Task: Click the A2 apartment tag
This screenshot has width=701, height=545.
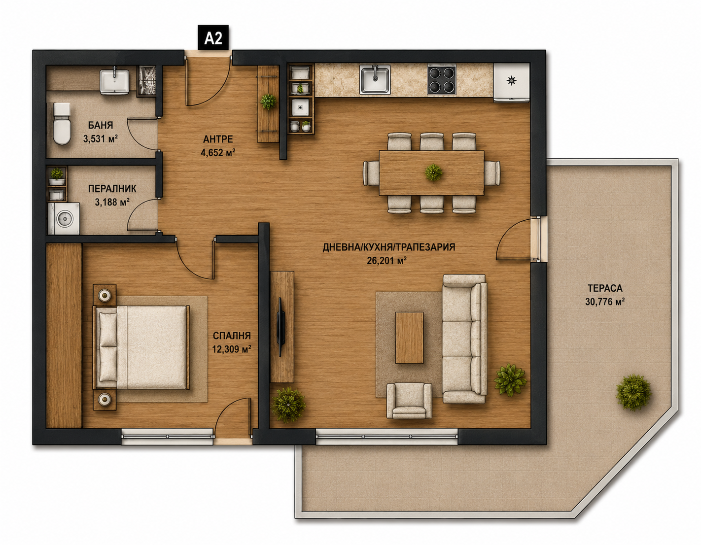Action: tap(213, 38)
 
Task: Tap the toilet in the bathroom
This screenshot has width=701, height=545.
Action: tap(62, 124)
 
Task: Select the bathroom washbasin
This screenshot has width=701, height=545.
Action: tap(114, 81)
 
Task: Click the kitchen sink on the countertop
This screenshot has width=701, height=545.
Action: tap(375, 79)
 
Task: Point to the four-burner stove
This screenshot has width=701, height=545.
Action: tap(442, 79)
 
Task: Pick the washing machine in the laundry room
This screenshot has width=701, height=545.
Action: tap(64, 218)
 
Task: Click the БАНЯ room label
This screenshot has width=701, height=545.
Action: tap(101, 125)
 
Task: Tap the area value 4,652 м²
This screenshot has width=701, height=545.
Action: tap(218, 153)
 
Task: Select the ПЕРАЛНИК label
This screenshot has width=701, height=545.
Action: tap(112, 189)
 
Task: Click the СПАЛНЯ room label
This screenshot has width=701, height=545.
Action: tap(232, 336)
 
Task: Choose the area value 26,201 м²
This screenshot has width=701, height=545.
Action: tap(386, 261)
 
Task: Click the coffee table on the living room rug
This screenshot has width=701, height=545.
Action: tap(409, 338)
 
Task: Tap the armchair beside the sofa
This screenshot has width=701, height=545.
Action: tap(409, 401)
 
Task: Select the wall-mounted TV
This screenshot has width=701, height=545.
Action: tap(280, 327)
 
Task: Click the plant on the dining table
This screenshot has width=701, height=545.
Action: tap(433, 172)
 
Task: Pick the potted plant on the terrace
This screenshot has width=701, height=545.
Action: tap(633, 392)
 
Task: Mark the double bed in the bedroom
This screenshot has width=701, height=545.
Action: tap(141, 347)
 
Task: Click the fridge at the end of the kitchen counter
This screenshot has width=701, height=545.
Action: tap(512, 83)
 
